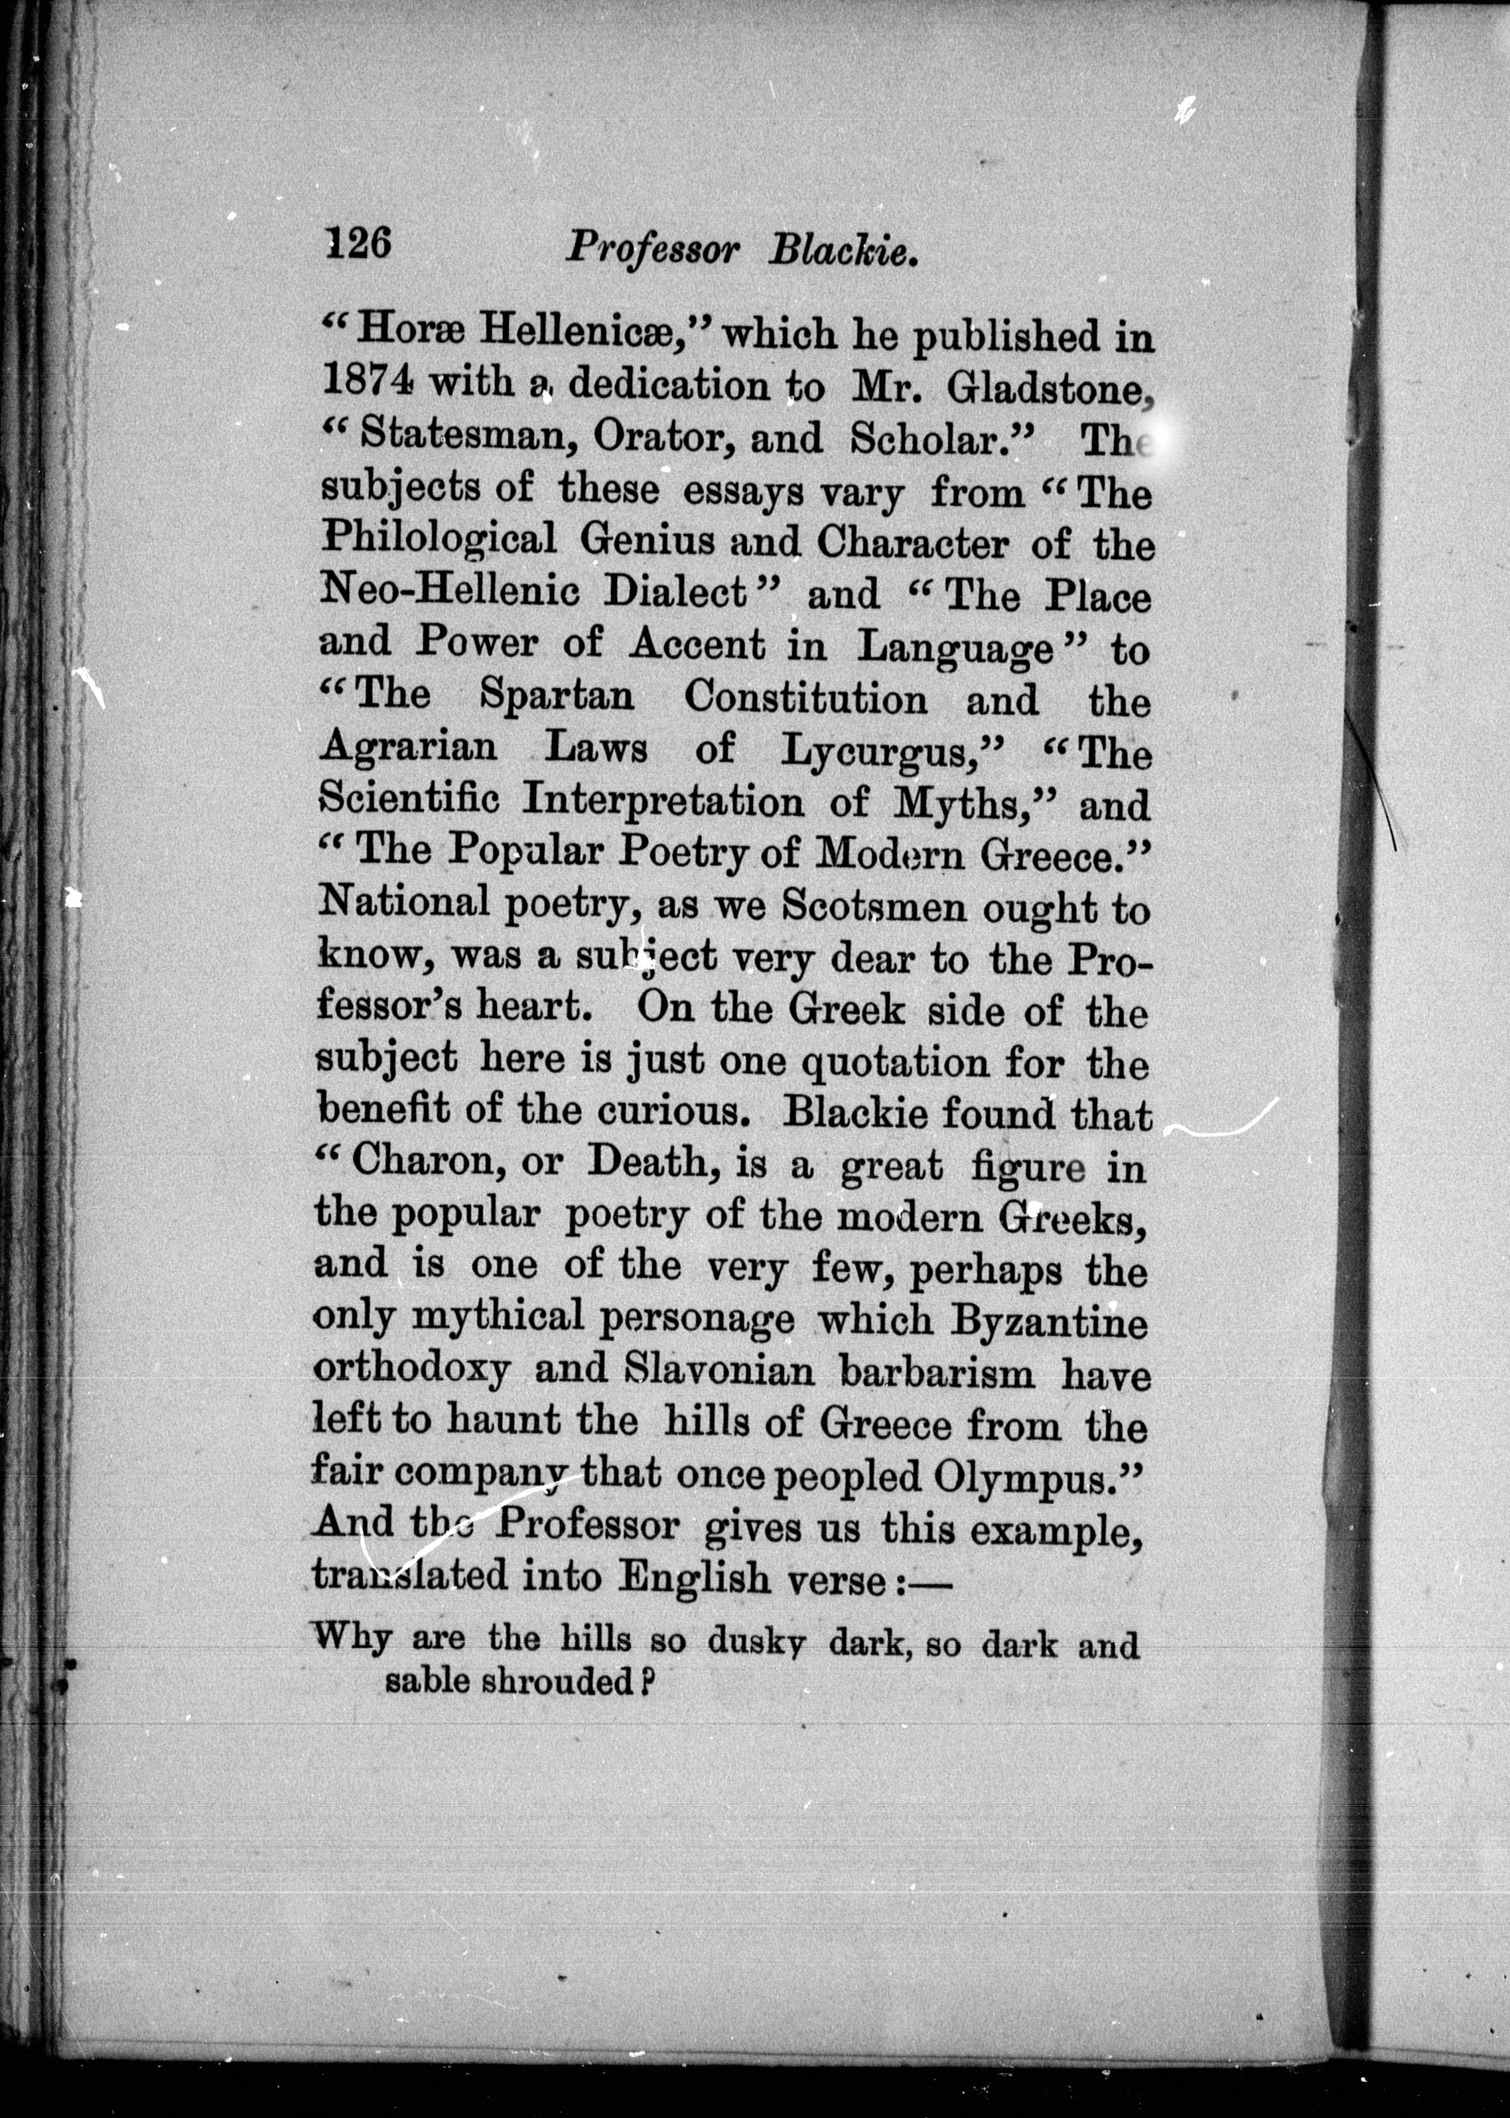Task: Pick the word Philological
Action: tap(438, 539)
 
